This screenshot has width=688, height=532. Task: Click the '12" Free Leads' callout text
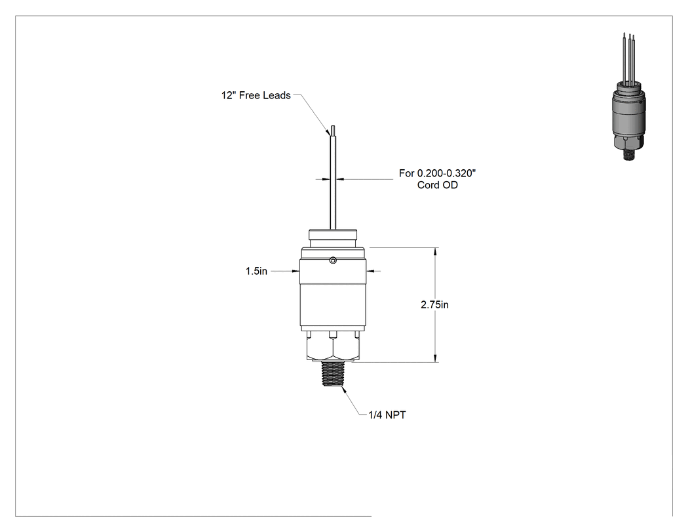click(x=256, y=95)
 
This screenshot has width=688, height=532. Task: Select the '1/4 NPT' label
click(x=387, y=415)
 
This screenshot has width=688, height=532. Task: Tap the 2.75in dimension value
click(x=434, y=304)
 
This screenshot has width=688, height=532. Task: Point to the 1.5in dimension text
click(x=256, y=271)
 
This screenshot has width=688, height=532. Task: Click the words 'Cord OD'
click(x=438, y=185)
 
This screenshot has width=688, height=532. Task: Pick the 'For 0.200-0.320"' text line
click(x=438, y=173)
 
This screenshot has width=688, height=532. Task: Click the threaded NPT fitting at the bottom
click(x=333, y=374)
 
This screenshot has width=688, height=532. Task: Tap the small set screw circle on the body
click(x=333, y=261)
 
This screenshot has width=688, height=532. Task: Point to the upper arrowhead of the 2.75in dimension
click(x=435, y=252)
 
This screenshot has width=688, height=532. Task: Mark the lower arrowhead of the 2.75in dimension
click(x=435, y=358)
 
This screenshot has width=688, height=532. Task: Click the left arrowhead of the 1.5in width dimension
click(x=296, y=271)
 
